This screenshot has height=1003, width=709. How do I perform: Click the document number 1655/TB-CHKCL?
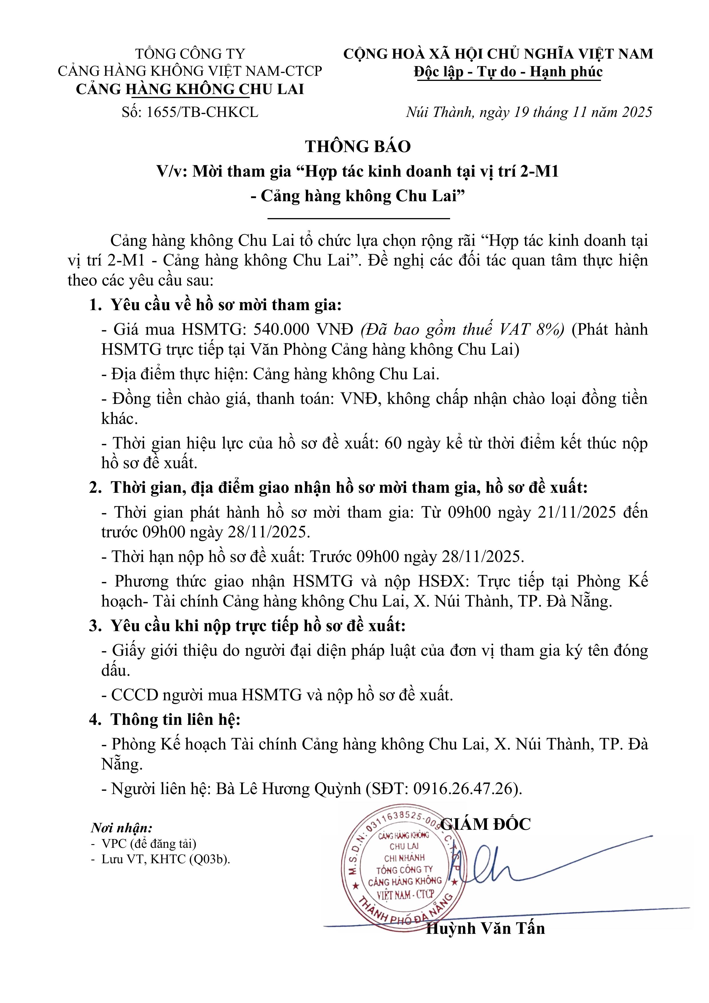click(x=203, y=112)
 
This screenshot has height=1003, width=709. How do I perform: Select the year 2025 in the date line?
click(x=636, y=112)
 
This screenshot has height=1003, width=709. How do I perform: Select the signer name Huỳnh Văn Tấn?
click(x=485, y=928)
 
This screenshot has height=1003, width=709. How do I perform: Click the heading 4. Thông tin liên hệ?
click(x=165, y=719)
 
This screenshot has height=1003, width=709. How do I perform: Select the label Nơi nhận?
click(x=121, y=828)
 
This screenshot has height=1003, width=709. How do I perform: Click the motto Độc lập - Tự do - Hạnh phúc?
click(x=508, y=72)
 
